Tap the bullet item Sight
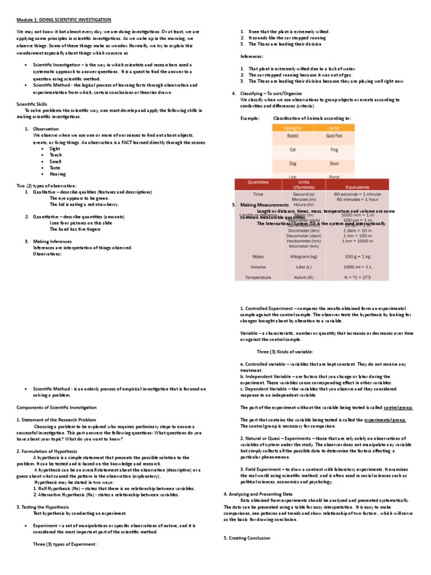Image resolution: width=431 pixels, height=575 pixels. click(x=56, y=149)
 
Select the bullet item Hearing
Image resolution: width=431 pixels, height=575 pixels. click(x=58, y=174)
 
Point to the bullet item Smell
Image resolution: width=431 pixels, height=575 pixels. click(x=56, y=161)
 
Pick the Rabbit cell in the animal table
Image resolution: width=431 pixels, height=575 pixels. click(x=293, y=136)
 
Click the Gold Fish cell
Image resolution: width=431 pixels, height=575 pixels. click(x=334, y=136)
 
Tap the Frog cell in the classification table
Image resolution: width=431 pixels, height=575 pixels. click(x=334, y=150)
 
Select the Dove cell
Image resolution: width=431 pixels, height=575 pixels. click(x=334, y=163)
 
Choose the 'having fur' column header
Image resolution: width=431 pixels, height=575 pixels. click(x=293, y=128)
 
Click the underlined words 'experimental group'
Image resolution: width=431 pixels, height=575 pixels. click(x=385, y=419)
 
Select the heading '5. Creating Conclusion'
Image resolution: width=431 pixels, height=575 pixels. click(x=247, y=538)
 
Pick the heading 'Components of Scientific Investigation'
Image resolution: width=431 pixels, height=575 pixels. click(x=56, y=407)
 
